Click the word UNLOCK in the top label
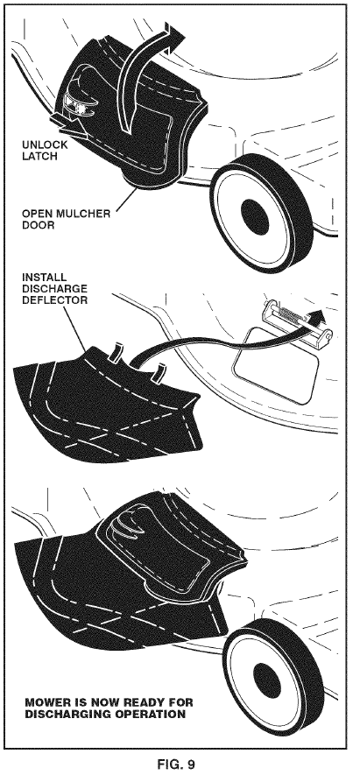pos(40,144)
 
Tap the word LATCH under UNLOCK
pos(39,156)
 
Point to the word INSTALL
pos(45,277)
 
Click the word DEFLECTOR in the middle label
pos(55,299)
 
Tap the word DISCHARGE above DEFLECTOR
pos(55,288)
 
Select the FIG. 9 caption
pos(176,764)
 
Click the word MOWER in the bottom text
pos(43,702)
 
